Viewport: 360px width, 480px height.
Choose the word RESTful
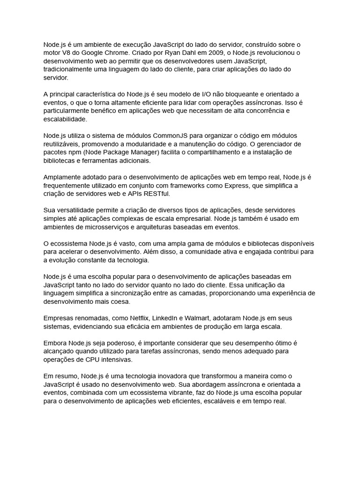(x=158, y=194)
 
